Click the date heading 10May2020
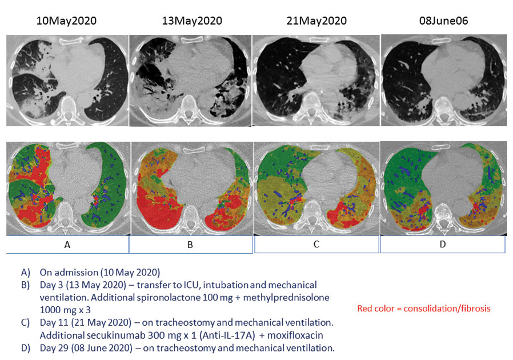(66, 21)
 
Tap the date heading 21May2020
(316, 21)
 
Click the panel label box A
(67, 244)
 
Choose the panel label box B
(191, 244)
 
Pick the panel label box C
(316, 244)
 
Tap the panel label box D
(442, 244)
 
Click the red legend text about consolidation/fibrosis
(423, 309)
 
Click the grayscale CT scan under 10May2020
(67, 80)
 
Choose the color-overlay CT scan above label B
(191, 189)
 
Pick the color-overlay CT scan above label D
(442, 189)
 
